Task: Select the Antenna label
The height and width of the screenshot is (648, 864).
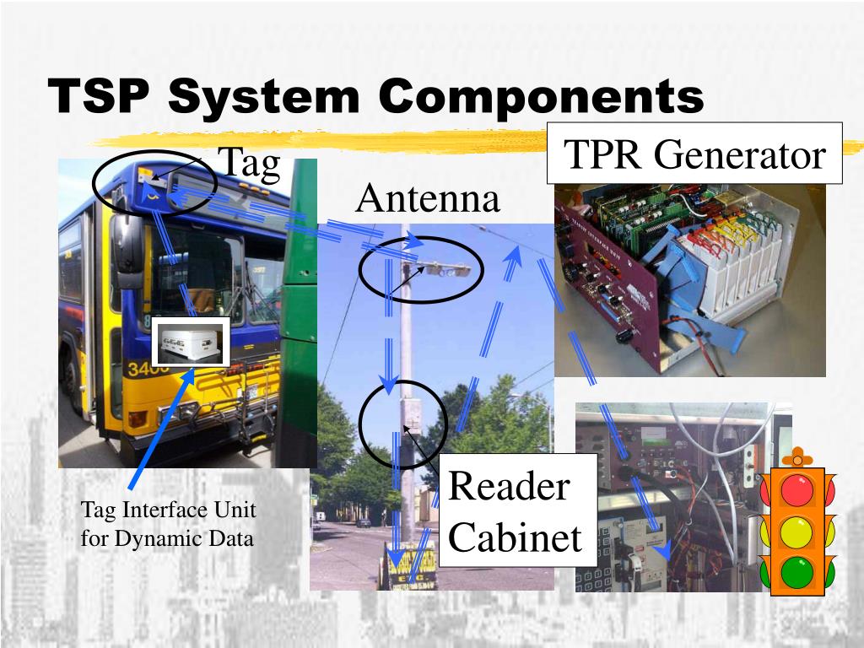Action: coord(428,199)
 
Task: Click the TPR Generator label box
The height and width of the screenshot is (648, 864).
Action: coord(694,154)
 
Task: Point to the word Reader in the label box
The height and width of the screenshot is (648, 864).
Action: coord(509,486)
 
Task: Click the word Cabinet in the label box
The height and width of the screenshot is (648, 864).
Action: coord(515,537)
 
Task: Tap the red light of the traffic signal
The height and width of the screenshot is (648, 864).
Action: coord(796,491)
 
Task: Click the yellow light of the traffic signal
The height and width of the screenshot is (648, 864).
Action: coord(796,532)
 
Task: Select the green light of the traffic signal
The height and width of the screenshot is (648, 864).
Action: coord(796,572)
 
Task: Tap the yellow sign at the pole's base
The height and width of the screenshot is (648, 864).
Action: coord(410,566)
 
